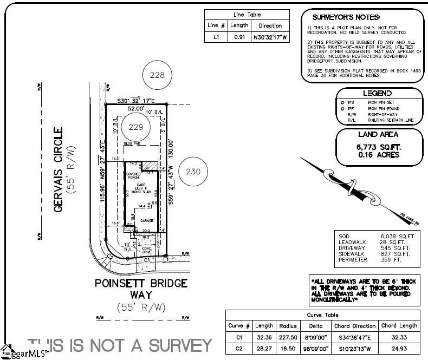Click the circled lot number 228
click(x=157, y=76)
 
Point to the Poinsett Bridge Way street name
click(x=141, y=289)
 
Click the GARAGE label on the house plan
click(x=147, y=220)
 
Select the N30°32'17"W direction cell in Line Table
click(x=270, y=38)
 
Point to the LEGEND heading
click(x=377, y=93)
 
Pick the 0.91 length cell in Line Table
click(x=239, y=38)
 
